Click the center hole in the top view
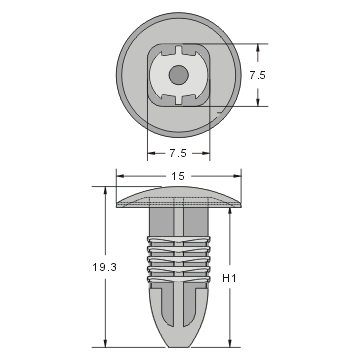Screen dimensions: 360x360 (178, 74)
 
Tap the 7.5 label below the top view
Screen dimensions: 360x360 (179, 153)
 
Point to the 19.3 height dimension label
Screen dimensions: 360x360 (88, 268)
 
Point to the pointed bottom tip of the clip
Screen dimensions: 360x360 (180, 342)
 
